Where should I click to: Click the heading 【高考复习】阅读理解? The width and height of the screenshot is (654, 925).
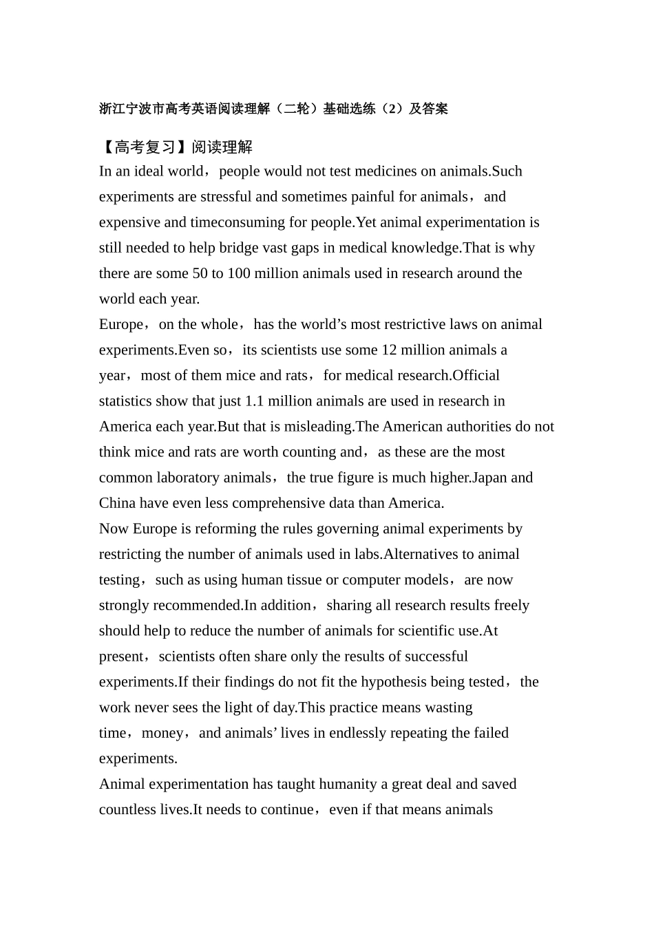point(176,147)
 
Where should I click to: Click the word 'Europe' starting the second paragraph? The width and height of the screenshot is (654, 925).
point(121,324)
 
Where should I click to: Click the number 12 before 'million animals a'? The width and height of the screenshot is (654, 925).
point(389,350)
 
